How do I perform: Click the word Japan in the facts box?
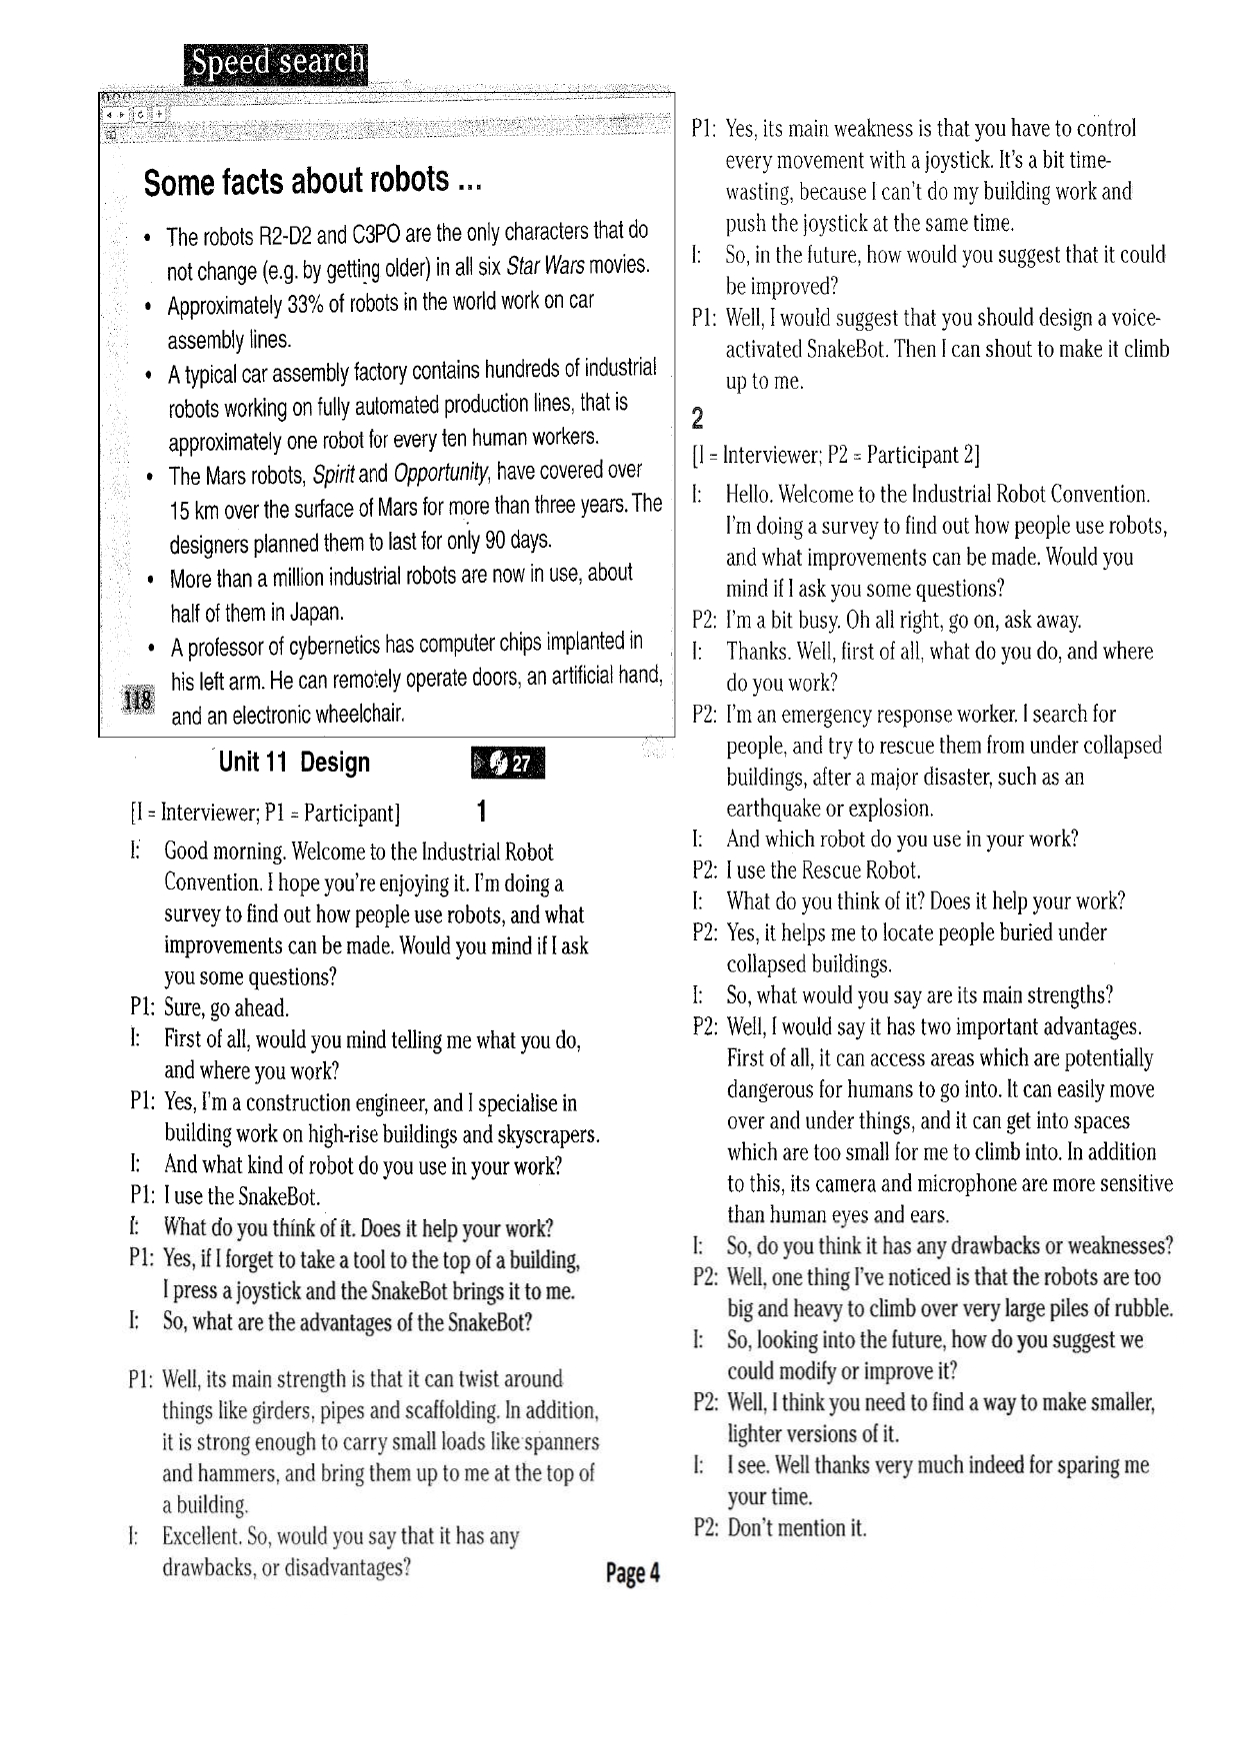click(315, 613)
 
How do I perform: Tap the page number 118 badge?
click(136, 701)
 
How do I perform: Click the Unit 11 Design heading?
click(294, 763)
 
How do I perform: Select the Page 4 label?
click(632, 1574)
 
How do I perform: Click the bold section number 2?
click(698, 418)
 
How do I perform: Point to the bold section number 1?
click(482, 811)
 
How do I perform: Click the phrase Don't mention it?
click(797, 1528)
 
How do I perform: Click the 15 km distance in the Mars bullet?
click(194, 512)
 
